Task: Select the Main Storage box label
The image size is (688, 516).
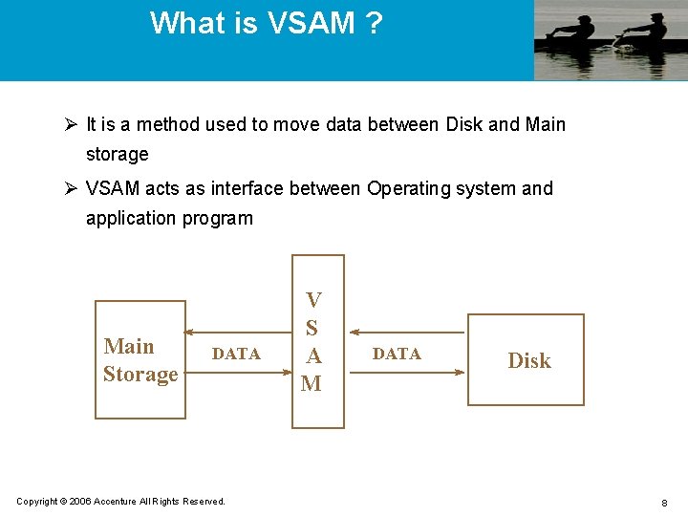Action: point(140,360)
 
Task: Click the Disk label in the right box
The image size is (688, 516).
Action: point(529,360)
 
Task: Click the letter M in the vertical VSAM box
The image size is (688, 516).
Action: point(312,384)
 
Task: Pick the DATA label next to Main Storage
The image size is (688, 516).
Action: point(236,354)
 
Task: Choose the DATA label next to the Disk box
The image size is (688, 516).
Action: point(397,354)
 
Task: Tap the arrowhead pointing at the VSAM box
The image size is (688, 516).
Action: point(350,333)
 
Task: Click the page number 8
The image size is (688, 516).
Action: point(663,502)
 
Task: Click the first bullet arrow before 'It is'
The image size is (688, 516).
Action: point(71,124)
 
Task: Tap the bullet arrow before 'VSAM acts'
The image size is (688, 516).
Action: point(71,188)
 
